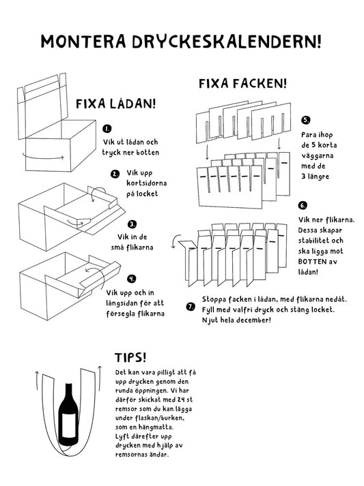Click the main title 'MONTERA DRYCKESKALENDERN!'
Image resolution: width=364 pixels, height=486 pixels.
(x=181, y=42)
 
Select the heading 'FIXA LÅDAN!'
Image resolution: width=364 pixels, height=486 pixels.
(x=116, y=104)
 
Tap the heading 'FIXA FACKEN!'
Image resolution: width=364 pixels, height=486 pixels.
(x=242, y=84)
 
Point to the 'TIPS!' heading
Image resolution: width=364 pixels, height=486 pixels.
(x=130, y=357)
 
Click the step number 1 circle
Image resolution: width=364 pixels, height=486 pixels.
(x=107, y=129)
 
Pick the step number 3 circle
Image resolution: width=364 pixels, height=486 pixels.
(x=131, y=223)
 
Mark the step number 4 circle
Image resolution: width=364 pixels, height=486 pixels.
(x=131, y=278)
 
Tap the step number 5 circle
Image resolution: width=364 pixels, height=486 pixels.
(x=305, y=121)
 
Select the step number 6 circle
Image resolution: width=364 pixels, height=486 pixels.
(x=303, y=205)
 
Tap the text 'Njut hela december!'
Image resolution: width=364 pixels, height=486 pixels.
(x=236, y=320)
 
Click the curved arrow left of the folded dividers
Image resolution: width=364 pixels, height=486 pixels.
(x=180, y=240)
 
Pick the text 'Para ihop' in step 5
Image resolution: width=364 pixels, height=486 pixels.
(x=316, y=135)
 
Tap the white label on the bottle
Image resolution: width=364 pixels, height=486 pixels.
(x=68, y=427)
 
